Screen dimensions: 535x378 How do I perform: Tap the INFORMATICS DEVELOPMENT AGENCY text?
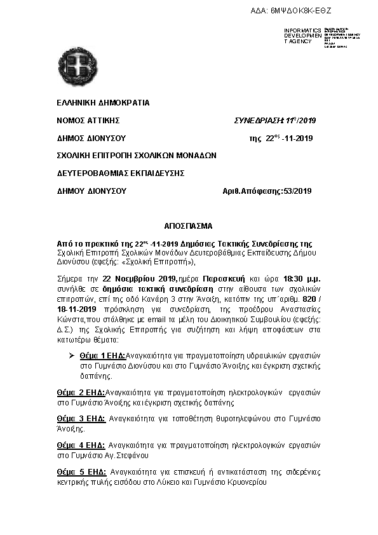302,36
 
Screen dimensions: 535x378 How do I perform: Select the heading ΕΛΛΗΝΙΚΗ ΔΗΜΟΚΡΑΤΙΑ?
103,102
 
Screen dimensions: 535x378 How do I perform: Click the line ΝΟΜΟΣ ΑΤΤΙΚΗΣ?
88,120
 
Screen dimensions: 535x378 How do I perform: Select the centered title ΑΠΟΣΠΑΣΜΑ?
189,226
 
